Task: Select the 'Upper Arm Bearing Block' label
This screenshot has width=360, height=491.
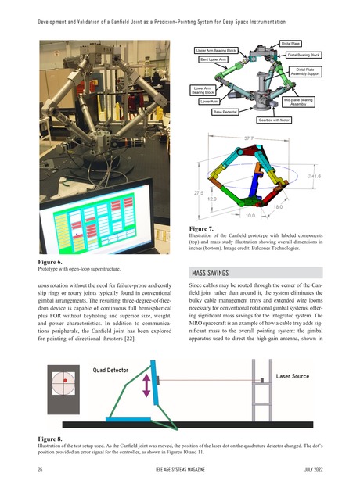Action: click(x=215, y=51)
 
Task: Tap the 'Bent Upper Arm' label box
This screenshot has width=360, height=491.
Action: click(x=213, y=59)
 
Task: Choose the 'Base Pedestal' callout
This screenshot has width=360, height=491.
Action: click(x=225, y=112)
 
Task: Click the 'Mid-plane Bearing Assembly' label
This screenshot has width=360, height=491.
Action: click(x=297, y=102)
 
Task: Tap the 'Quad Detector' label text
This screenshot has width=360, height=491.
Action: click(x=116, y=369)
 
